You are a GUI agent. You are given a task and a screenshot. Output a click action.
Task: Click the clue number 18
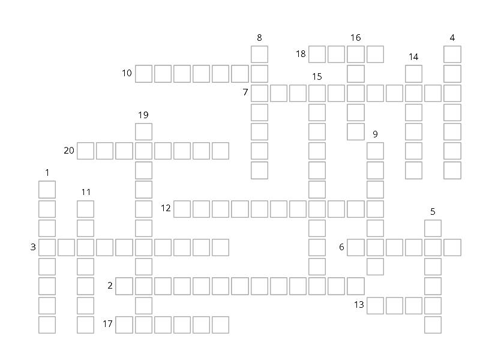pyautogui.click(x=301, y=54)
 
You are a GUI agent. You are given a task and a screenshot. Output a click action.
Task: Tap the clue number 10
pyautogui.click(x=127, y=73)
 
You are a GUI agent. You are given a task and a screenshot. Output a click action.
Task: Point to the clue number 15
pyautogui.click(x=317, y=76)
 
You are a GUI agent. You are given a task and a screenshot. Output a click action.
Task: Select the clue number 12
pyautogui.click(x=166, y=208)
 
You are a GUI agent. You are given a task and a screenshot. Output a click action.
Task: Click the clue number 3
pyautogui.click(x=34, y=247)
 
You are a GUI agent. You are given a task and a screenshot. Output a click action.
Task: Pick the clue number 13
pyautogui.click(x=359, y=305)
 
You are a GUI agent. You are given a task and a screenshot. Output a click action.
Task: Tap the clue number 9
pyautogui.click(x=375, y=134)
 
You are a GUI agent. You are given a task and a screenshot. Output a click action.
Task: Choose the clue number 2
pyautogui.click(x=110, y=286)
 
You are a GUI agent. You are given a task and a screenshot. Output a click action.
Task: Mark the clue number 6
pyautogui.click(x=341, y=247)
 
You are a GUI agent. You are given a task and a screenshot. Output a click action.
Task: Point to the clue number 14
pyautogui.click(x=413, y=57)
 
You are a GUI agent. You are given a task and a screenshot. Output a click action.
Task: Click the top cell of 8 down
pyautogui.click(x=259, y=55)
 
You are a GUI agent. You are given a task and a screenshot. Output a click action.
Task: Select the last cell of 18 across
pyautogui.click(x=375, y=55)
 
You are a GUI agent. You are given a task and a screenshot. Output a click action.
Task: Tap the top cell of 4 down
pyautogui.click(x=452, y=55)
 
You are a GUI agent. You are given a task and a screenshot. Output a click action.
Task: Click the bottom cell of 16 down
pyautogui.click(x=356, y=131)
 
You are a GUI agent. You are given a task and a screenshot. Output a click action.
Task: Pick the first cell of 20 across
pyautogui.click(x=86, y=151)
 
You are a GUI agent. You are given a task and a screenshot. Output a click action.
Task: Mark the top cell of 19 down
pyautogui.click(x=143, y=131)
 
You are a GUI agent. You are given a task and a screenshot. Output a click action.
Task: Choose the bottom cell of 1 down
pyautogui.click(x=47, y=325)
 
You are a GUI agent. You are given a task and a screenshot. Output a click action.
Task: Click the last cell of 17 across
pyautogui.click(x=220, y=325)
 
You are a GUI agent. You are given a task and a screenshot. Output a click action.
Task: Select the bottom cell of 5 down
pyautogui.click(x=433, y=325)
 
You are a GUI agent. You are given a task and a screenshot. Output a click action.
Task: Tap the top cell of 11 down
pyautogui.click(x=86, y=209)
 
